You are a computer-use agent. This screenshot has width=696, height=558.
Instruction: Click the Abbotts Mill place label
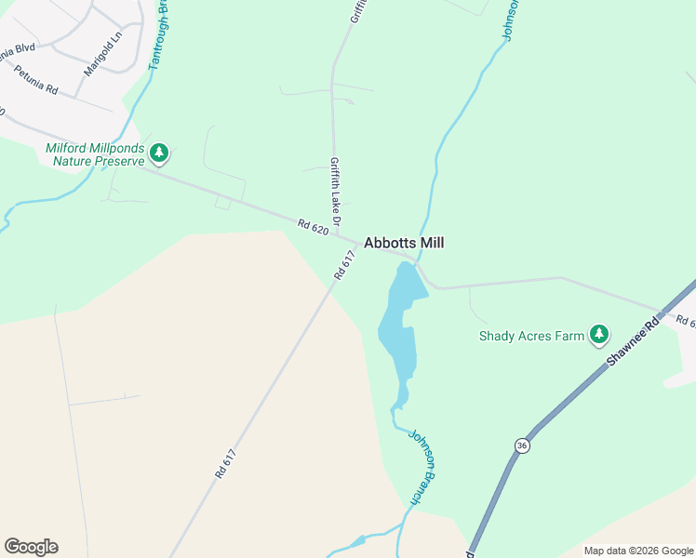404,243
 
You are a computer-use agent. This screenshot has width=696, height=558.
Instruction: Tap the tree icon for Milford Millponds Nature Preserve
159,153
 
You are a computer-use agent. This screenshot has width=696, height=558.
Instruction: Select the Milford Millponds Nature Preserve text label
95,154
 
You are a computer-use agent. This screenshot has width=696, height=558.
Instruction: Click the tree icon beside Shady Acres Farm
599,334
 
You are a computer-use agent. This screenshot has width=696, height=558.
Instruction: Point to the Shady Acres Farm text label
531,336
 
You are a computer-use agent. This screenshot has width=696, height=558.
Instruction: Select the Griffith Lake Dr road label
336,190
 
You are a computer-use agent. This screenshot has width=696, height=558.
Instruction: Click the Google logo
31,547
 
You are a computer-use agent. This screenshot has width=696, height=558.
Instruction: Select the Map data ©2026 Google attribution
638,551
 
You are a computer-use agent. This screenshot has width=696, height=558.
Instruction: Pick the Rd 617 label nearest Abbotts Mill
345,266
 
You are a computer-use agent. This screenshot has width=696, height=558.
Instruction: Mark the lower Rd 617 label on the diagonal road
226,463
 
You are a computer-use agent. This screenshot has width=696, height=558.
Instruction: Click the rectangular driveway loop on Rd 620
223,202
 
